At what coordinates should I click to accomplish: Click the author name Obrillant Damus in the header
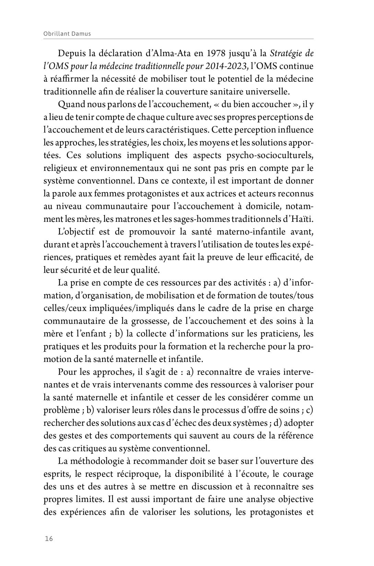coord(67,34)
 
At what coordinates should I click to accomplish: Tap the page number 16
coord(49,539)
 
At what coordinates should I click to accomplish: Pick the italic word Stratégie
coord(287,53)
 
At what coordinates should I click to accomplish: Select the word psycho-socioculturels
coord(270,155)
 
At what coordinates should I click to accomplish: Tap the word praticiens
coord(282,334)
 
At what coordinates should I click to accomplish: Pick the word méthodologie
coord(104,461)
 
